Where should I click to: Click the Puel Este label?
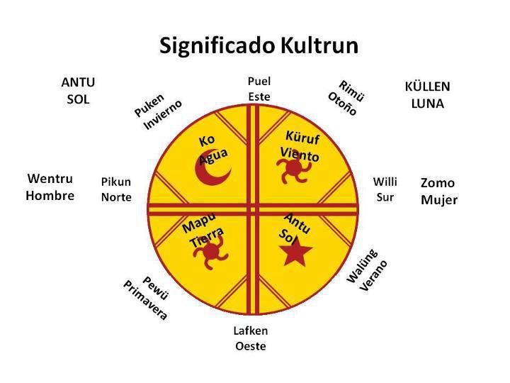[x=259, y=89]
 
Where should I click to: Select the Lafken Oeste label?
[x=251, y=338]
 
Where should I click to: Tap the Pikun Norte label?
[x=116, y=189]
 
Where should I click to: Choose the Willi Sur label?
[x=385, y=189]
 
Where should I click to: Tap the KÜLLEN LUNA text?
[x=427, y=95]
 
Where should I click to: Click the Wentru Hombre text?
[x=50, y=187]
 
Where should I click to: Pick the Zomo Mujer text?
[x=438, y=191]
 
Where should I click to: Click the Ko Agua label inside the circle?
[x=210, y=148]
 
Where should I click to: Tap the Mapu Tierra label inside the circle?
[x=203, y=232]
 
